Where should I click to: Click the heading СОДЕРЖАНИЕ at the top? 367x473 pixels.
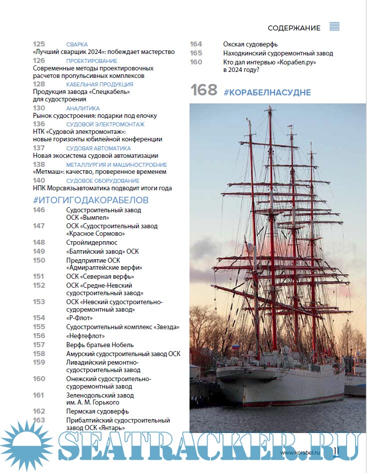click(x=293, y=28)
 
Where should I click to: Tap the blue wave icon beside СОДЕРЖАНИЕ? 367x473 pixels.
click(x=334, y=27)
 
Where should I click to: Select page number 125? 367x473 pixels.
click(x=39, y=44)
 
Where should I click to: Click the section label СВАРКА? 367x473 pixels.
click(x=76, y=44)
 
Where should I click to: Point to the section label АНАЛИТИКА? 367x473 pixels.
click(x=82, y=108)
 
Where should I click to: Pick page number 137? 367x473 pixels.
click(x=39, y=148)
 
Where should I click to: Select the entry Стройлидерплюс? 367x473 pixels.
click(x=91, y=242)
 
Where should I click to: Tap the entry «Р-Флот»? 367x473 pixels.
click(x=78, y=318)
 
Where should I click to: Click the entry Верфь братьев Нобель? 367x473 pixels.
click(x=99, y=345)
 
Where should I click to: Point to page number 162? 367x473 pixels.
click(x=39, y=411)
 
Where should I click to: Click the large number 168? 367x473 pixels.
click(x=203, y=90)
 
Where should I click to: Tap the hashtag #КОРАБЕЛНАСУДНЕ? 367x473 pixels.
click(x=267, y=92)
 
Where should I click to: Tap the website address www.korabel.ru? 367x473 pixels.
click(x=304, y=453)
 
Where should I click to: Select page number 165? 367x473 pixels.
click(x=196, y=53)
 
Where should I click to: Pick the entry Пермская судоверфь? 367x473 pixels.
click(x=97, y=412)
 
